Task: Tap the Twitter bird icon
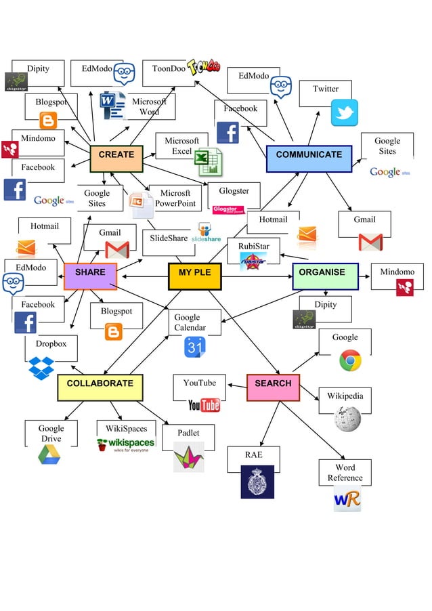point(344,112)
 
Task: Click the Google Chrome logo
point(350,360)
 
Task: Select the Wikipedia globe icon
point(347,419)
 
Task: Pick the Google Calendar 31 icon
point(194,347)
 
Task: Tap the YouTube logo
point(204,405)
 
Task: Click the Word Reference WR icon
point(347,499)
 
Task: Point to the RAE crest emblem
point(257,482)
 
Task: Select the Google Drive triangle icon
point(49,455)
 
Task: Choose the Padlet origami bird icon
point(188,457)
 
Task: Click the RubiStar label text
point(253,245)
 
